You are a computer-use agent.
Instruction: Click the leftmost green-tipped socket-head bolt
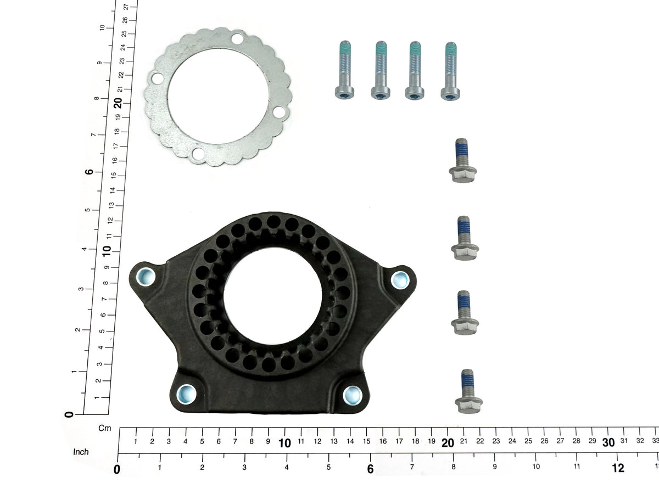coord(344,70)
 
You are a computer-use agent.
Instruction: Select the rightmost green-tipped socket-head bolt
coord(450,71)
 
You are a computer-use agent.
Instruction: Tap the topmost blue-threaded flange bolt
coord(462,161)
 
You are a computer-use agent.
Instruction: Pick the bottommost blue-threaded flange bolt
coord(468,391)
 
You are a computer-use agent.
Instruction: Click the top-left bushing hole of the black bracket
coord(146,277)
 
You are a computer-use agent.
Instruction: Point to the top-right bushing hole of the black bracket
coord(400,280)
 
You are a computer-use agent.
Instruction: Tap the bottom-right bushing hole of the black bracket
coord(353,395)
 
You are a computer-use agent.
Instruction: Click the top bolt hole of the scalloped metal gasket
coord(237,38)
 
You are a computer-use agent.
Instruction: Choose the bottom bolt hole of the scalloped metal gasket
coord(198,154)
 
